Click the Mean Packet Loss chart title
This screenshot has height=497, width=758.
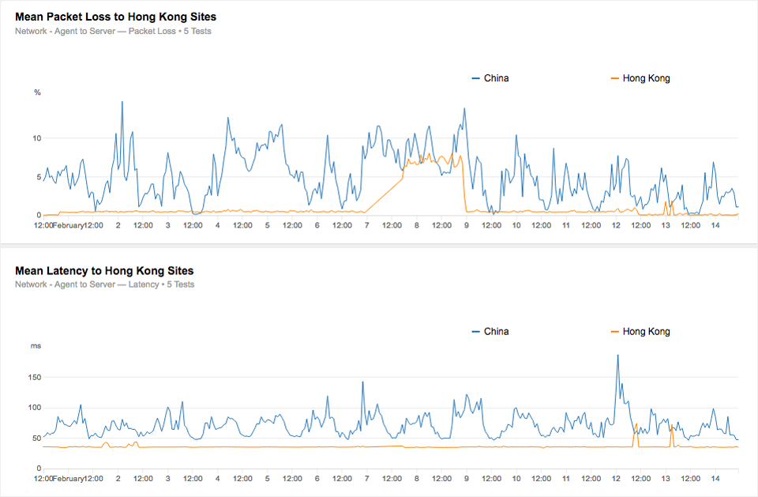coord(115,17)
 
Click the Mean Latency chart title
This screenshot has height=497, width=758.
coord(104,271)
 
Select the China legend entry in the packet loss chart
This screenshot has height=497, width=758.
coord(495,78)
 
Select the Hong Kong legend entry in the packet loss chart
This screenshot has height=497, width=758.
coord(645,78)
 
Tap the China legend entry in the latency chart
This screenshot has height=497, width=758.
coord(495,332)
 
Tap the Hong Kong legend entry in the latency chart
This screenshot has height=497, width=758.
coord(645,332)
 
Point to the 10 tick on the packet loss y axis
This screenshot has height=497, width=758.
coord(36,138)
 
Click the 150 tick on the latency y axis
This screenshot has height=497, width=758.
coord(34,378)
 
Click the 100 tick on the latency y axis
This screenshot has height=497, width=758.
coord(34,408)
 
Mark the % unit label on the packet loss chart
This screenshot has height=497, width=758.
coord(37,92)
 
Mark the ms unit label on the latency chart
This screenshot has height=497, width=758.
coord(36,346)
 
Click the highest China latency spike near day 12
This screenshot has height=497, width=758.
coord(617,356)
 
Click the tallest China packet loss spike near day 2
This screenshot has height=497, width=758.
coord(122,103)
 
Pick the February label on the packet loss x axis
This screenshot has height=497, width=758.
coord(69,225)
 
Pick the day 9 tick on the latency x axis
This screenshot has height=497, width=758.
coord(467,479)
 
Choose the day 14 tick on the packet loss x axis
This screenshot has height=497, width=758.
coord(715,225)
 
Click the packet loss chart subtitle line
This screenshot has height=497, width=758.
coord(113,32)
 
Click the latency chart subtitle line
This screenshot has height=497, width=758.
coord(104,284)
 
